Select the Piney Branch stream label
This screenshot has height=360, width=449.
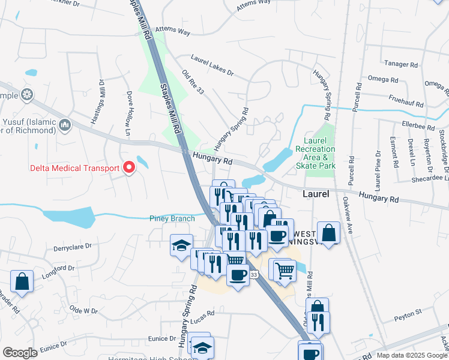click(x=172, y=218)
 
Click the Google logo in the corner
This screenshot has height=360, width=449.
click(x=20, y=353)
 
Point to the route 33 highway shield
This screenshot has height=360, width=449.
click(x=254, y=274)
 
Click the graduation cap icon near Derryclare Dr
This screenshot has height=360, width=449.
click(x=181, y=245)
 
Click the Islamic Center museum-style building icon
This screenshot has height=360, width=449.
click(x=65, y=125)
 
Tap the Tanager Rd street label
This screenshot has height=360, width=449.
click(x=402, y=64)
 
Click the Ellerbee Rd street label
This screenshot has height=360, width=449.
click(x=418, y=127)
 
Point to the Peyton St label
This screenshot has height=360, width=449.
click(x=408, y=313)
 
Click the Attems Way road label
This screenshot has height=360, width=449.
click(x=172, y=30)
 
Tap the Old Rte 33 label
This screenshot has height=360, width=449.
click(x=193, y=82)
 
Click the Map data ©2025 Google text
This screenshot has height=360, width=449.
click(x=411, y=355)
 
